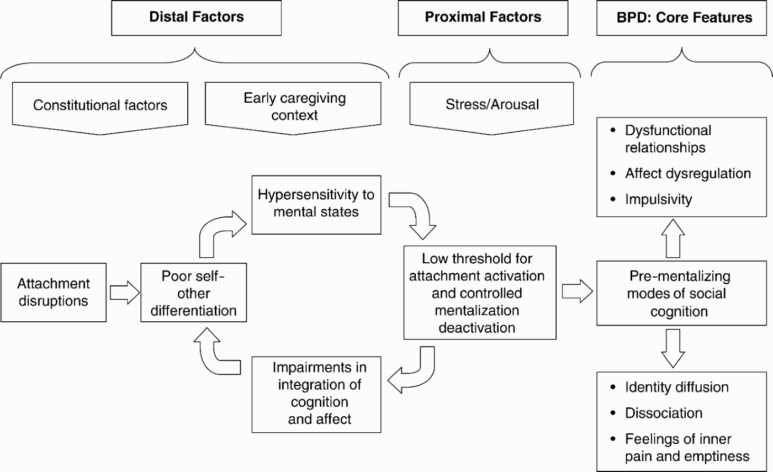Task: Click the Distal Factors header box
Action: click(196, 17)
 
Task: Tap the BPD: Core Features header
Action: click(684, 17)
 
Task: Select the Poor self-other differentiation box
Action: click(193, 293)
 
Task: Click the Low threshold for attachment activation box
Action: click(479, 293)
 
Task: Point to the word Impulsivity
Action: click(658, 199)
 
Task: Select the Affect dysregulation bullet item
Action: click(687, 173)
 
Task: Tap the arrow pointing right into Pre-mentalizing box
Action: click(576, 293)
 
